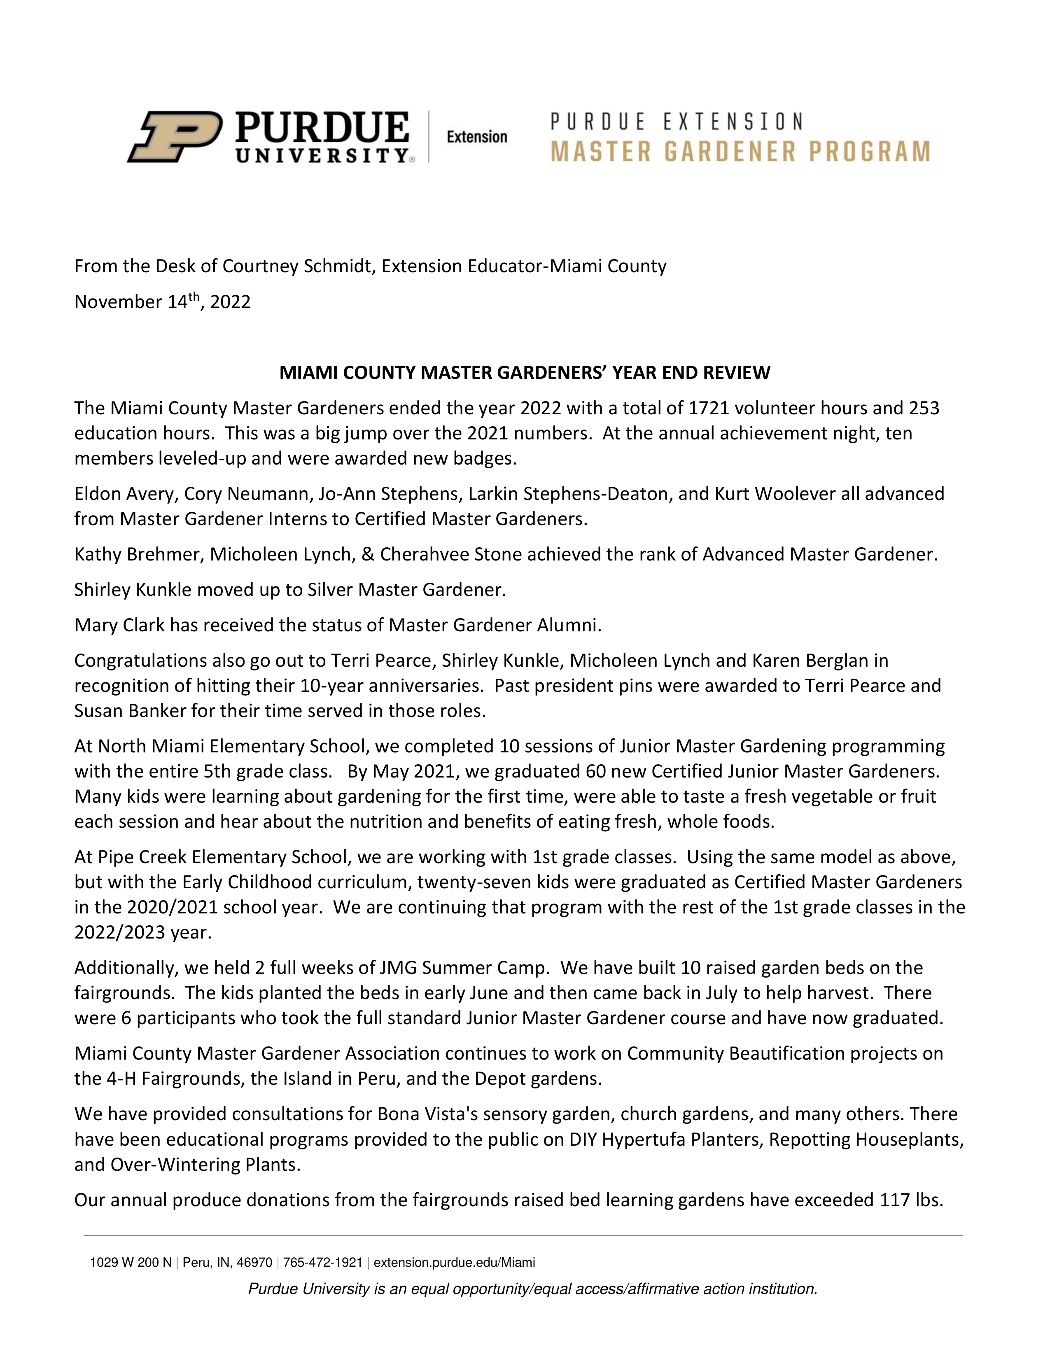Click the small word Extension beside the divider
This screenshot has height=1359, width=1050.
(477, 137)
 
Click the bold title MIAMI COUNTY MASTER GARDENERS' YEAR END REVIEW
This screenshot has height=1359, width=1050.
(524, 373)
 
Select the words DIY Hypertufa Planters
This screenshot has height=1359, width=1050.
(666, 1140)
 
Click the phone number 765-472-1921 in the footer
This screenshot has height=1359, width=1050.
(322, 1263)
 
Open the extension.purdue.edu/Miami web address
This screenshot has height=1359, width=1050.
(454, 1263)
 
